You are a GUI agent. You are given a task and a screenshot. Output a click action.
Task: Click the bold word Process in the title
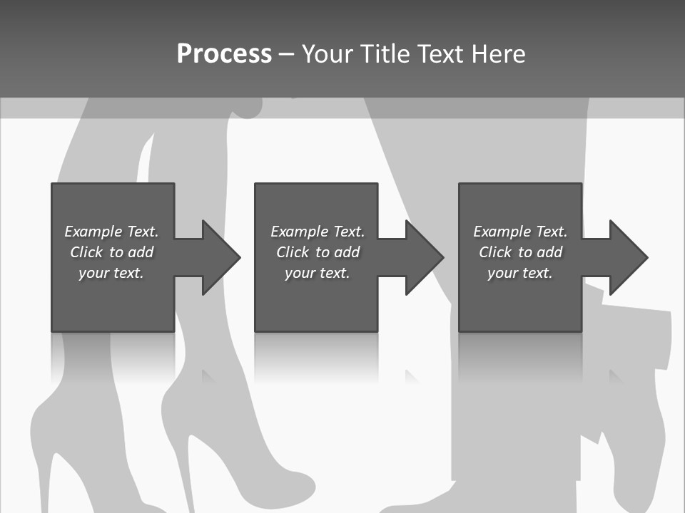click(224, 54)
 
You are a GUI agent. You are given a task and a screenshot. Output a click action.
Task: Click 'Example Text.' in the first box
click(111, 232)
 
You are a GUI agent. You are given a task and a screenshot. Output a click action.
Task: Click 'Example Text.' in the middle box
click(318, 232)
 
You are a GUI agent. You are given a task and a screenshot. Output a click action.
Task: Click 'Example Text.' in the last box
click(520, 232)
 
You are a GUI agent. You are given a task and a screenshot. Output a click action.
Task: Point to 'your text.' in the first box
click(111, 273)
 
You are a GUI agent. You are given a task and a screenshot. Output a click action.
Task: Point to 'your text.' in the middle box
click(318, 273)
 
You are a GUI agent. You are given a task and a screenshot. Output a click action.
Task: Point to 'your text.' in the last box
click(520, 273)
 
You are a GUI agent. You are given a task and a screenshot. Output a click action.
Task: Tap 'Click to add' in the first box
click(111, 252)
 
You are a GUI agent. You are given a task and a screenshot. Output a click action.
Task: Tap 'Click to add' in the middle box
click(318, 252)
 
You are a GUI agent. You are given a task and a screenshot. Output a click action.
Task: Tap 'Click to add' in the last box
click(520, 252)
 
